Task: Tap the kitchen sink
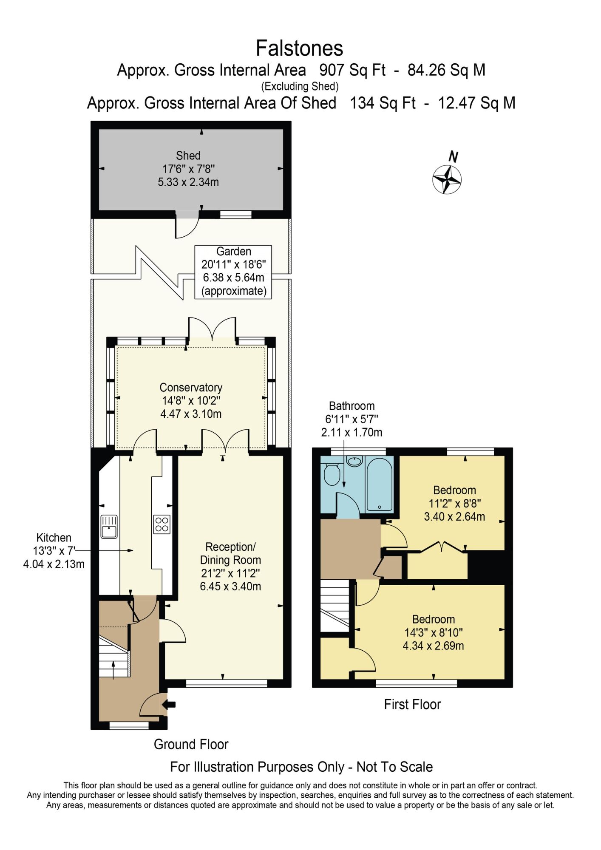109,527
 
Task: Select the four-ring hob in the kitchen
162,524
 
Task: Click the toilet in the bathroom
332,474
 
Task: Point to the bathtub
379,484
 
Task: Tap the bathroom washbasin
354,461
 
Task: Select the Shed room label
188,156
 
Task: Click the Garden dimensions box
233,272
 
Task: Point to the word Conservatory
191,388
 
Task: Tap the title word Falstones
299,48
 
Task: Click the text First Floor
412,705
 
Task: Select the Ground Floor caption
191,744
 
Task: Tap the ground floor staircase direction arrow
113,670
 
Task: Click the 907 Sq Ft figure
352,70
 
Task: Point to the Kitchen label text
54,538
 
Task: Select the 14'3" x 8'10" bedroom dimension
433,632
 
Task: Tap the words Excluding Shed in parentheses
300,87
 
